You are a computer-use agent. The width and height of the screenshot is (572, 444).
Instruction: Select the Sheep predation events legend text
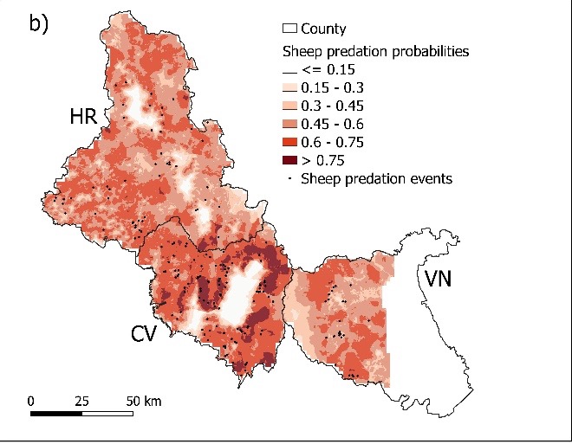[x=375, y=179]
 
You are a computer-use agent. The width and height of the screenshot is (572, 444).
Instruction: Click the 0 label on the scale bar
[x=30, y=402]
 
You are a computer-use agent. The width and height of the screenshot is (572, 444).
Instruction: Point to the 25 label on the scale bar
[x=82, y=402]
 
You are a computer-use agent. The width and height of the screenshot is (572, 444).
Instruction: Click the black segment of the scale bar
[x=56, y=414]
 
